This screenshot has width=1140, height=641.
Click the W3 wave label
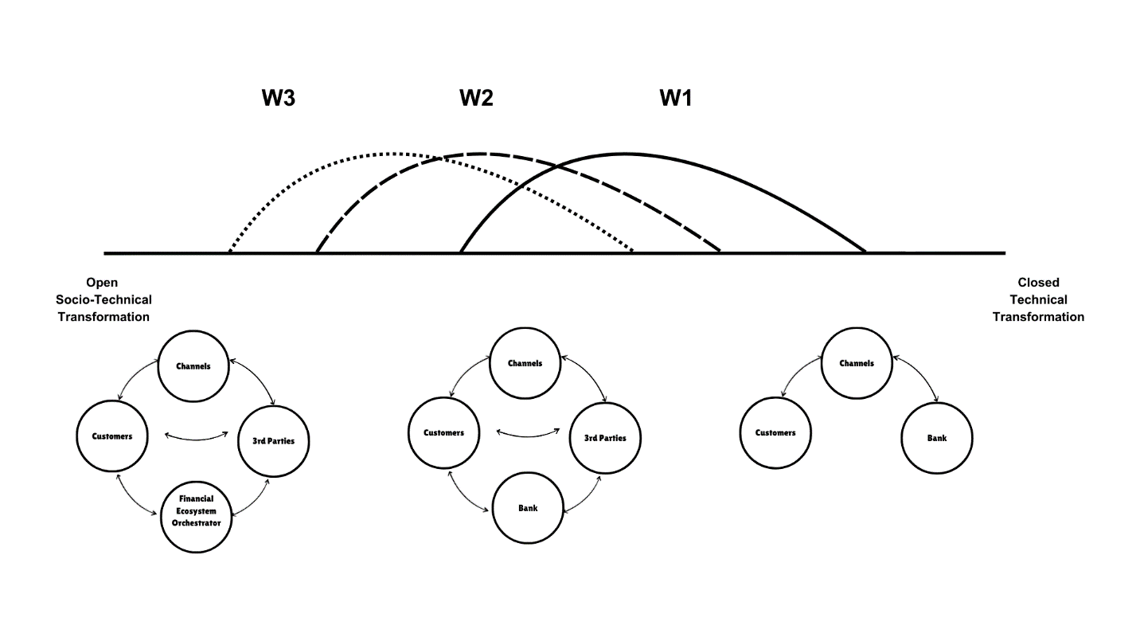(x=279, y=99)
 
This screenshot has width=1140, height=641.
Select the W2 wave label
(x=476, y=99)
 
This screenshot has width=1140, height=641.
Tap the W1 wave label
(x=676, y=99)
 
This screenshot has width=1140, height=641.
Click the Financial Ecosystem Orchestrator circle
(x=196, y=510)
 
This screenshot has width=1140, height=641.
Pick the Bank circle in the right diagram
(x=936, y=437)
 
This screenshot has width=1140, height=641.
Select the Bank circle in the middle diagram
(x=527, y=507)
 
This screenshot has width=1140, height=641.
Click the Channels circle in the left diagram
(x=193, y=366)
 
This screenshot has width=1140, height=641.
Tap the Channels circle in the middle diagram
(x=525, y=363)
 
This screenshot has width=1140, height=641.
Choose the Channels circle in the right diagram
(x=856, y=363)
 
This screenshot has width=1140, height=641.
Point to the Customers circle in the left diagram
(x=112, y=436)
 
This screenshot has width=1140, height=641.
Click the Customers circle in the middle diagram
(x=443, y=433)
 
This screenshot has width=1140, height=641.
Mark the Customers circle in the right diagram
(x=775, y=433)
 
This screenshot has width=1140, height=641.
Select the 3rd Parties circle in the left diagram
(x=273, y=440)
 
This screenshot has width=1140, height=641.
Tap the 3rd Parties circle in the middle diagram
(x=605, y=437)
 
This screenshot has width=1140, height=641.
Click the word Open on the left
(x=103, y=282)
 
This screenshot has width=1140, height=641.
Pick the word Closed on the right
(x=1038, y=282)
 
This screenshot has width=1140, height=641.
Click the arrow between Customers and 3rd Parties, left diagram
(x=194, y=436)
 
